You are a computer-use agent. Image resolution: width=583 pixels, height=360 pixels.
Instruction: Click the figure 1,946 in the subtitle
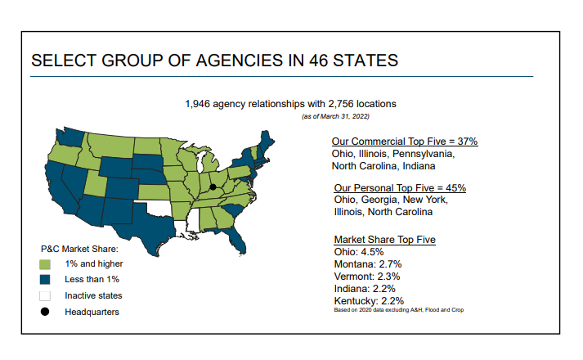(x=200, y=104)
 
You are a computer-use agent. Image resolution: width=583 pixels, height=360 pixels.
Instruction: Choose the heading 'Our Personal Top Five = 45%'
(x=400, y=187)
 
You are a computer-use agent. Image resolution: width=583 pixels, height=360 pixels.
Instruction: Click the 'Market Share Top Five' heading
(x=384, y=240)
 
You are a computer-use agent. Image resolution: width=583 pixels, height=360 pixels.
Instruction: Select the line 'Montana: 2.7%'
(x=368, y=264)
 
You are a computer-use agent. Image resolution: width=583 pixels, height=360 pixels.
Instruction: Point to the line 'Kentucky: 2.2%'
(x=370, y=301)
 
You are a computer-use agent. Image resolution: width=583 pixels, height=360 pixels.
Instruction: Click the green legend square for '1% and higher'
(x=45, y=264)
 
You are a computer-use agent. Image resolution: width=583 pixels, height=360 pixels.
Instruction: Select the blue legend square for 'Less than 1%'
(x=45, y=280)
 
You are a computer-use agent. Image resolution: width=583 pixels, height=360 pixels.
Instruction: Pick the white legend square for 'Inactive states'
(x=45, y=295)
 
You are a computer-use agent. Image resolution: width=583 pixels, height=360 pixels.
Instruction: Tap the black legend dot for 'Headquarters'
(x=45, y=312)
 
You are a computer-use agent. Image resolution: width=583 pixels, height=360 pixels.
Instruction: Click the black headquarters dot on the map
(x=213, y=187)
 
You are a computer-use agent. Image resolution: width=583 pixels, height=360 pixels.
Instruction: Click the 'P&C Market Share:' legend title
(x=80, y=249)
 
